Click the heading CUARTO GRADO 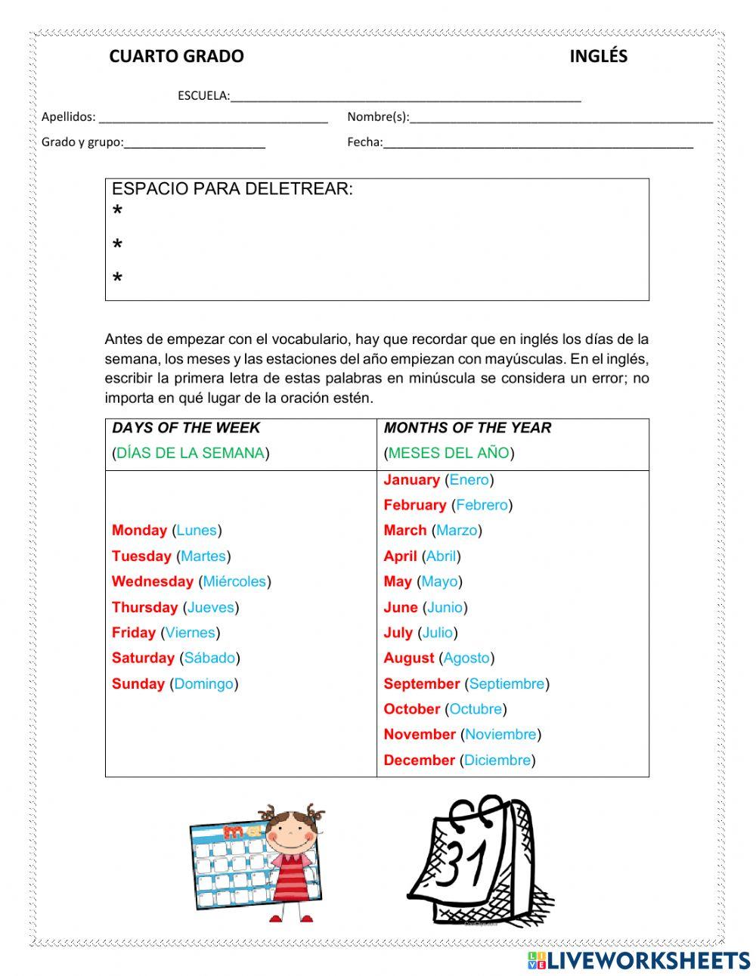(176, 57)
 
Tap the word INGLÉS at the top (598, 57)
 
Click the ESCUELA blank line (405, 97)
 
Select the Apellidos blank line (213, 118)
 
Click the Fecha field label (364, 142)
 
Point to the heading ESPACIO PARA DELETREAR (232, 189)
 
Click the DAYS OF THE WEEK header (186, 428)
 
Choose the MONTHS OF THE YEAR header (467, 428)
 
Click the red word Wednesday (153, 581)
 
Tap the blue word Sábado (209, 658)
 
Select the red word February (415, 505)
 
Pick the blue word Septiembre (507, 683)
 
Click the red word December (420, 761)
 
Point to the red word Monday (139, 531)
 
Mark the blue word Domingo (203, 683)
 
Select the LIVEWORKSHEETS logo (639, 960)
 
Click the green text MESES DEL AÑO (449, 454)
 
